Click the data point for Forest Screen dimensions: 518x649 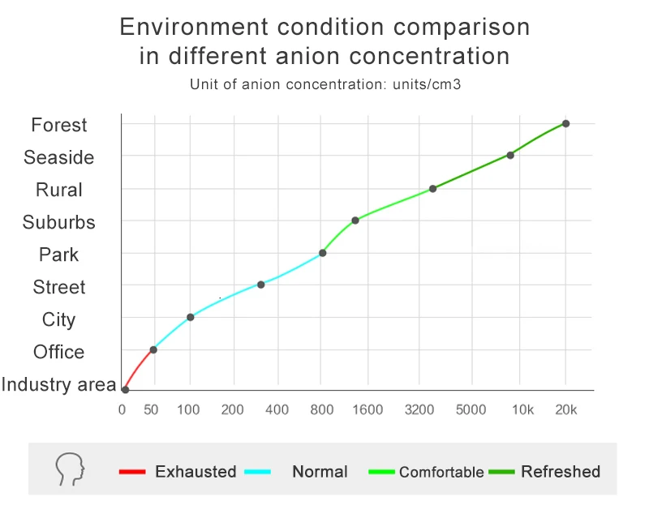pyautogui.click(x=565, y=123)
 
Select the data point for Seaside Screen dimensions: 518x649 pyautogui.click(x=510, y=155)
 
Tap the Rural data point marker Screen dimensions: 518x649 pyautogui.click(x=432, y=189)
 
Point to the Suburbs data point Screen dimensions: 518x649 pyautogui.click(x=355, y=220)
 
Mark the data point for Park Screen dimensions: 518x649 pyautogui.click(x=322, y=253)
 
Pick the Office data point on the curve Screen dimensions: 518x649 pyautogui.click(x=153, y=349)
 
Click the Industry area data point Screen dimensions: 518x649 pyautogui.click(x=125, y=390)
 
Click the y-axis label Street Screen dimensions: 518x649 pyautogui.click(x=59, y=287)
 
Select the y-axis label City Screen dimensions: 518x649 pyautogui.click(x=59, y=319)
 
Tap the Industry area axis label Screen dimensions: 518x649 pyautogui.click(x=59, y=384)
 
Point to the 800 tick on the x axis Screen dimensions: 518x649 pyautogui.click(x=322, y=409)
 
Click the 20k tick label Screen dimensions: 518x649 pyautogui.click(x=565, y=409)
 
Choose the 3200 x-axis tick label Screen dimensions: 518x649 pyautogui.click(x=419, y=409)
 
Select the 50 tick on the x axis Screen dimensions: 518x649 pyautogui.click(x=151, y=409)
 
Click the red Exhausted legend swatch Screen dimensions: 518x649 pyautogui.click(x=131, y=472)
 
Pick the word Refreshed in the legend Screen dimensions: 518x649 pyautogui.click(x=561, y=472)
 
